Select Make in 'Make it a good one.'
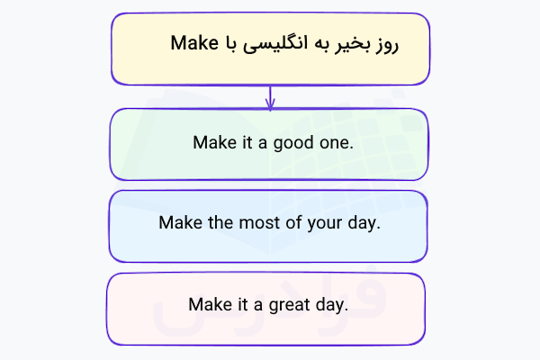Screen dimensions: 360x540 tap(212, 142)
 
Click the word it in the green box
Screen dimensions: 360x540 tap(244, 142)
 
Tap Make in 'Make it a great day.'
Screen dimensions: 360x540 tap(209, 304)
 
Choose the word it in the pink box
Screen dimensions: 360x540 tap(240, 304)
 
